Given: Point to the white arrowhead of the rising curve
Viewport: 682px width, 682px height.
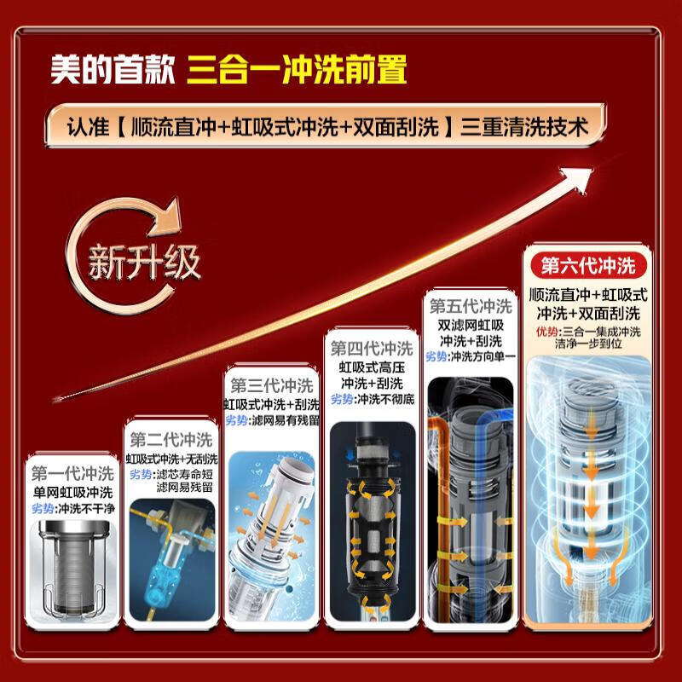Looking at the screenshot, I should point(587,175).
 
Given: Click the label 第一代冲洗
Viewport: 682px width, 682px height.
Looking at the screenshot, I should point(72,474).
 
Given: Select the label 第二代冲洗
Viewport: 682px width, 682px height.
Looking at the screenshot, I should point(170,441).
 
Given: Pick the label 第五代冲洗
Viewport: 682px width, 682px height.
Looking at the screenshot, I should point(470,304).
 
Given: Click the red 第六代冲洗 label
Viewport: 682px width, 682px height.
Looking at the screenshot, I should point(583,266).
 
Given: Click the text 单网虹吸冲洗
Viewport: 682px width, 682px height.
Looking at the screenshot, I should point(72,492).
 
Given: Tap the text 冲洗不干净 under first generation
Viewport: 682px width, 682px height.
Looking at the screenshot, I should point(84,509).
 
